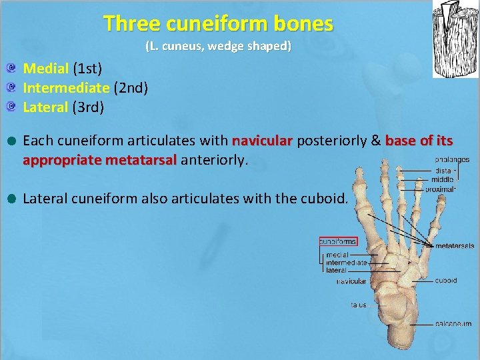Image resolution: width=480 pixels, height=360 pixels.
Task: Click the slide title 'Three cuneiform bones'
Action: pyautogui.click(x=218, y=25)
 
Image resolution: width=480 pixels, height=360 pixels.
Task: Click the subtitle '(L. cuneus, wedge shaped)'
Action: pyautogui.click(x=218, y=47)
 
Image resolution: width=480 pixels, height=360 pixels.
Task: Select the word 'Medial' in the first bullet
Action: pyautogui.click(x=46, y=68)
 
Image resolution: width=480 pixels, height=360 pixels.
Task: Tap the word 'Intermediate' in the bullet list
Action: pyautogui.click(x=66, y=87)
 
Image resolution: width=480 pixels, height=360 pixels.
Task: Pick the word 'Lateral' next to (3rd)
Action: pyautogui.click(x=45, y=107)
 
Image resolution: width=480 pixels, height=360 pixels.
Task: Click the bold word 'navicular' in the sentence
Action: pyautogui.click(x=262, y=141)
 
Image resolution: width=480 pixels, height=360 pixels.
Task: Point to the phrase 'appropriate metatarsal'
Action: pyautogui.click(x=99, y=160)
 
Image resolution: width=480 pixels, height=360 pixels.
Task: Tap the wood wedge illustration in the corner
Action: pyautogui.click(x=455, y=39)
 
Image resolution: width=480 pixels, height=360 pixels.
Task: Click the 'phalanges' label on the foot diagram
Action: pyautogui.click(x=452, y=160)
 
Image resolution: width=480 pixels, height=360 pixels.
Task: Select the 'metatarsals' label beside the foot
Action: pyautogui.click(x=454, y=246)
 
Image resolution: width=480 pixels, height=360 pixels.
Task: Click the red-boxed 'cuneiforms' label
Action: pyautogui.click(x=338, y=241)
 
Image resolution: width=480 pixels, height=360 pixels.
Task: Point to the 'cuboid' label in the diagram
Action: pyautogui.click(x=446, y=281)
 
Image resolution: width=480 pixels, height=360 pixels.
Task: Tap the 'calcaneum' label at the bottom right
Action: pyautogui.click(x=454, y=324)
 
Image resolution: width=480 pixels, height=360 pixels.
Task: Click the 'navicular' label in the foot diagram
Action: pyautogui.click(x=351, y=281)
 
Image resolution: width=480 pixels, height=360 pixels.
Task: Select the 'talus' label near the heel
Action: pyautogui.click(x=359, y=305)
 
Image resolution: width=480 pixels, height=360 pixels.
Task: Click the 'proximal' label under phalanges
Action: pyautogui.click(x=440, y=189)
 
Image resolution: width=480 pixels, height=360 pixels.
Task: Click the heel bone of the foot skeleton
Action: pyautogui.click(x=407, y=330)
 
